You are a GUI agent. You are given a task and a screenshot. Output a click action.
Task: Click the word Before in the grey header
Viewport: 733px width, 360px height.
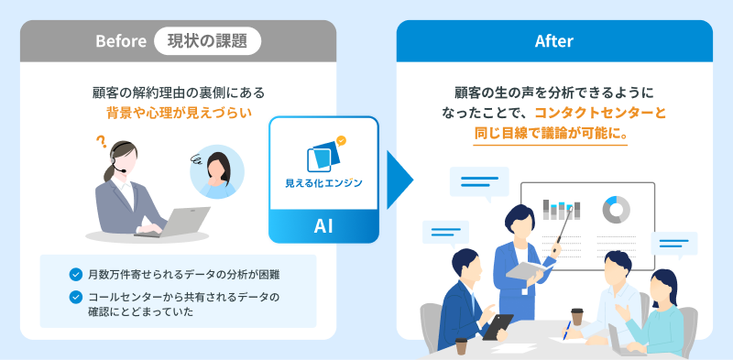point(121,41)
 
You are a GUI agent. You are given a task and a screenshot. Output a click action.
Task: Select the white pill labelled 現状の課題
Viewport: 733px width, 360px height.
point(208,41)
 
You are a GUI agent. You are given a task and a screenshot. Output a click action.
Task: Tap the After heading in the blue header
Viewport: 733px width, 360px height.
point(554,41)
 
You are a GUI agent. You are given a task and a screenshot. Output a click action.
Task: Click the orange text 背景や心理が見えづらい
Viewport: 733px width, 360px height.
point(180,114)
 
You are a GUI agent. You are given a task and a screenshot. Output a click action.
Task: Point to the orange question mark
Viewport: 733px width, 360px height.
point(100,141)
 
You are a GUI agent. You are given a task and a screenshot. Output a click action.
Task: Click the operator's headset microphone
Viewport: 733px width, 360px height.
point(120,170)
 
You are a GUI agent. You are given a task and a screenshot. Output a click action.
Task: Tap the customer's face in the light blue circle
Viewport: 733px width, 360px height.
point(217,167)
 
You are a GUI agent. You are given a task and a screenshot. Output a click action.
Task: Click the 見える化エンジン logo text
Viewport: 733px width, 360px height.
point(323,183)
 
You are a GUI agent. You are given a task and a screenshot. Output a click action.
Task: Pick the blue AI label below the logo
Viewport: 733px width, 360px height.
point(323,226)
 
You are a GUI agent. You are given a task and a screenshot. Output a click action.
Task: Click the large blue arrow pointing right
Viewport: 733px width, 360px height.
point(399,180)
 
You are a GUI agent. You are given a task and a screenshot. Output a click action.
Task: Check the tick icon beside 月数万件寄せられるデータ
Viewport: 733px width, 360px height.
point(75,275)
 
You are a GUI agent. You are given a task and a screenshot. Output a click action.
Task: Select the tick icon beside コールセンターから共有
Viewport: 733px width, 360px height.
point(75,297)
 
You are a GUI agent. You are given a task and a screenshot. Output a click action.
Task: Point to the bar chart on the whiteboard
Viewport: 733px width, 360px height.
point(561,210)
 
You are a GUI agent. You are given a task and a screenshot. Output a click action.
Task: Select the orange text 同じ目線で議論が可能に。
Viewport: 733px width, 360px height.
point(551,134)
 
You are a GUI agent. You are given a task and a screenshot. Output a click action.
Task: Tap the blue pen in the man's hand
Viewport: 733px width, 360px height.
point(566,330)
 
